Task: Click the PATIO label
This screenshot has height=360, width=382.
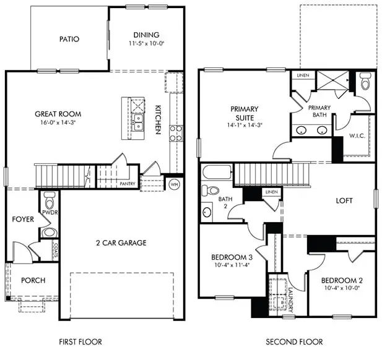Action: tap(69, 39)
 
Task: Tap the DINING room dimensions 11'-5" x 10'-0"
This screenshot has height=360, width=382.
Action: tap(145, 44)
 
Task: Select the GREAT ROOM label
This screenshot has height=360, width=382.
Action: tap(58, 114)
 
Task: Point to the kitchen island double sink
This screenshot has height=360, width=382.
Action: tap(138, 121)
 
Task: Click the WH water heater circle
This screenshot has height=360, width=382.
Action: tap(174, 184)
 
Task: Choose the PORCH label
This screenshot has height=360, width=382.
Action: tap(33, 280)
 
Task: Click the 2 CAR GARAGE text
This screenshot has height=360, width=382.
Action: tap(121, 243)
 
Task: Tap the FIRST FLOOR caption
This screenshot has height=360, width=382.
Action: tap(80, 341)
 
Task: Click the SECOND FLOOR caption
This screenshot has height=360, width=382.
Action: tap(294, 341)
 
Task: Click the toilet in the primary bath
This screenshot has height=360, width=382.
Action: tap(364, 82)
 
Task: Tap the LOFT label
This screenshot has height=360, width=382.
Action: tap(344, 200)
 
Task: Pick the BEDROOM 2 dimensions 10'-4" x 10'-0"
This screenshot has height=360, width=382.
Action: tap(342, 288)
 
